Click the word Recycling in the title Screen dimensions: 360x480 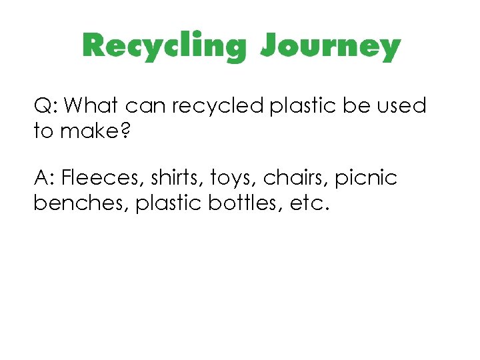click(x=164, y=47)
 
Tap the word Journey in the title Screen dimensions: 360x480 click(x=331, y=47)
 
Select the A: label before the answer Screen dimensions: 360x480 click(x=45, y=179)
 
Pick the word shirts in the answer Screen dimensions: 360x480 click(x=170, y=179)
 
